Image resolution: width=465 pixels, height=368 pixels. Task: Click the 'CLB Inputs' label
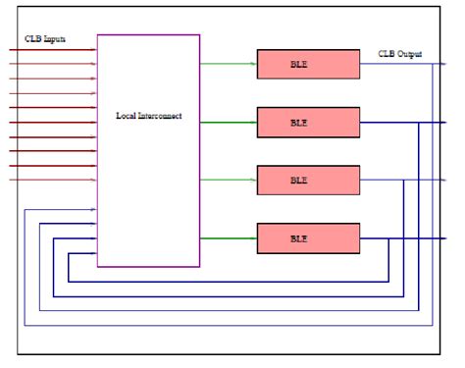pyautogui.click(x=46, y=39)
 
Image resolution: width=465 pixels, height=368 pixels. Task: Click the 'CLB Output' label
pyautogui.click(x=400, y=53)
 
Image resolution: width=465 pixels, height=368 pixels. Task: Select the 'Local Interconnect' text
pyautogui.click(x=149, y=117)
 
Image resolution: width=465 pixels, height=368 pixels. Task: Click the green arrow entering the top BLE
pyautogui.click(x=228, y=64)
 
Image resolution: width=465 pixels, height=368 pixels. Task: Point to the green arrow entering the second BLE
pyautogui.click(x=228, y=122)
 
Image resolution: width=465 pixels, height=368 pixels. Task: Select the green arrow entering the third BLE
pyautogui.click(x=228, y=181)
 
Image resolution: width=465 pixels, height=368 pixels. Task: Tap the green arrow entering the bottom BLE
pyautogui.click(x=228, y=238)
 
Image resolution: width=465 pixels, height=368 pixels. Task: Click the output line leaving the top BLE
pyautogui.click(x=392, y=64)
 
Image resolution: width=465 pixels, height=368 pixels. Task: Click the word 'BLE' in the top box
pyautogui.click(x=298, y=64)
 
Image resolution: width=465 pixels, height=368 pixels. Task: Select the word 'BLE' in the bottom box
pyautogui.click(x=298, y=238)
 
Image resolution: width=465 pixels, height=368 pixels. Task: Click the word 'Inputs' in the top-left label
pyautogui.click(x=55, y=39)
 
